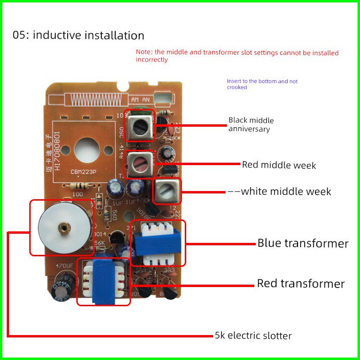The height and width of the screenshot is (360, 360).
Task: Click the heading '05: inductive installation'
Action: (79, 36)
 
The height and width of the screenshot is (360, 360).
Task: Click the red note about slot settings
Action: (237, 56)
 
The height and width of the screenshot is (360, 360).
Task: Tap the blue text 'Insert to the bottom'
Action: (262, 84)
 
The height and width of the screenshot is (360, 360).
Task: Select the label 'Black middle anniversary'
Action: (251, 124)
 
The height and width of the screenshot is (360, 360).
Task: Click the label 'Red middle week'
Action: (279, 165)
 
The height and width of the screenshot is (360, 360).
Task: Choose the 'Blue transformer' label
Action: (303, 243)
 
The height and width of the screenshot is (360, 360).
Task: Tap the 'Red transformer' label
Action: (300, 284)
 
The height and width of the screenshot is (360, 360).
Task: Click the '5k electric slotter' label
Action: (252, 336)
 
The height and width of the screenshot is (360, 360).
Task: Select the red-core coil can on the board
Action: (140, 165)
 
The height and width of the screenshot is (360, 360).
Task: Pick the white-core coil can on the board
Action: (167, 192)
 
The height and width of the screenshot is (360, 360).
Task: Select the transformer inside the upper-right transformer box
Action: (158, 242)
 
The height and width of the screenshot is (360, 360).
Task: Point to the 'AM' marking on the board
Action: (135, 99)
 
